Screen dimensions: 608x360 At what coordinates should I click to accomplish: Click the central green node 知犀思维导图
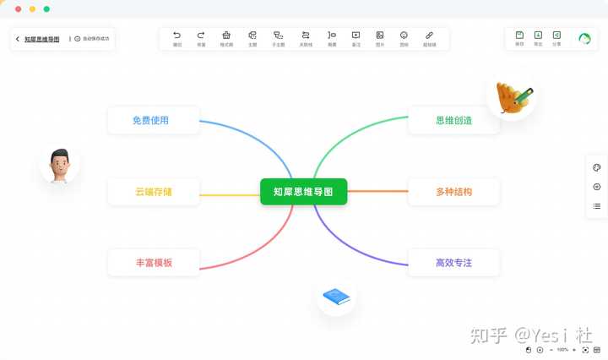tap(304, 192)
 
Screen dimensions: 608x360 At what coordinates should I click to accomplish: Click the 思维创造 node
tap(453, 120)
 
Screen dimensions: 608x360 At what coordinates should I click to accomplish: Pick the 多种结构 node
tap(453, 192)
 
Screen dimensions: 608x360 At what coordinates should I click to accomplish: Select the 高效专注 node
tap(453, 263)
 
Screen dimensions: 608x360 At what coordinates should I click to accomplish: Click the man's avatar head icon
tap(59, 165)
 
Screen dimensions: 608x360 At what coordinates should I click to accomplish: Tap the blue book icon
tap(336, 297)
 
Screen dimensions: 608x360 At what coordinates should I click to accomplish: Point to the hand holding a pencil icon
tap(513, 97)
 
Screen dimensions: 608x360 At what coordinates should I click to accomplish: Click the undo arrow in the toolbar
tap(177, 35)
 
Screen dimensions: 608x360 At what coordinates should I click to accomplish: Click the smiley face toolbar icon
tap(404, 35)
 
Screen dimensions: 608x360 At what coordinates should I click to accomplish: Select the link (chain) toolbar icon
tap(429, 35)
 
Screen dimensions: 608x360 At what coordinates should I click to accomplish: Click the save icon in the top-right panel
tap(519, 35)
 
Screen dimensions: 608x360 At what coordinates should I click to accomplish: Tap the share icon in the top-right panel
tap(556, 35)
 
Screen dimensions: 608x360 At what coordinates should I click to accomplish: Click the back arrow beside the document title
tap(18, 39)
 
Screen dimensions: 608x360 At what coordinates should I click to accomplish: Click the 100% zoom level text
tap(562, 349)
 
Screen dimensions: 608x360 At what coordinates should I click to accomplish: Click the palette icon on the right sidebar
tap(597, 167)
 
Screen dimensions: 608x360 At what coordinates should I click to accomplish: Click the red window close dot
tap(18, 8)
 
